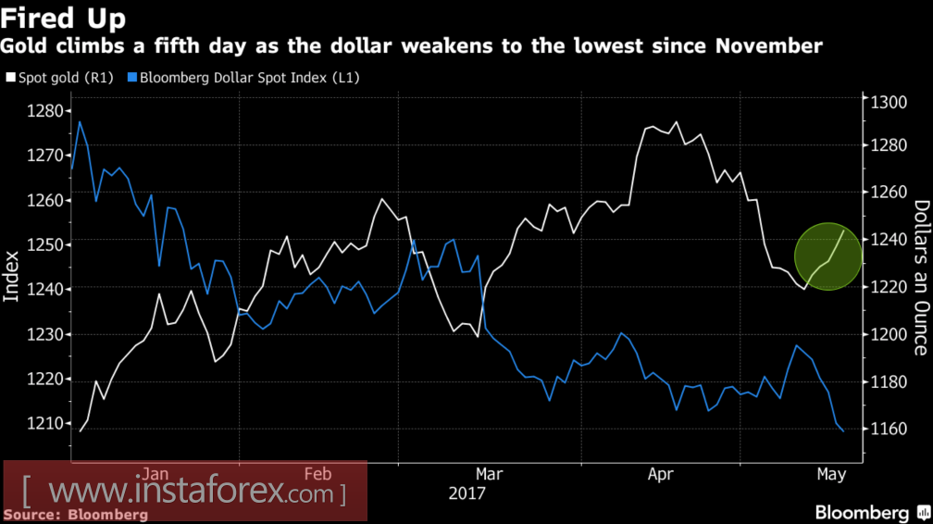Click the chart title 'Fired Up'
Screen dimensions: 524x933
pos(64,18)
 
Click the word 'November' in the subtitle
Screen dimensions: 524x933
pos(775,45)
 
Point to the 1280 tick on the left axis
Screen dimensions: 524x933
pos(43,112)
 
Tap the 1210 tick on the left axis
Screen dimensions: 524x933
pos(43,424)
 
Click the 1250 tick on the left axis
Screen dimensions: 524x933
pos(43,245)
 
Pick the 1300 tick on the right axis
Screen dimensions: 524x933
pos(886,103)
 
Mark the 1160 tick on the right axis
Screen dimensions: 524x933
pos(886,430)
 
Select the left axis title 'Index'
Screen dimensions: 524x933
pos(12,276)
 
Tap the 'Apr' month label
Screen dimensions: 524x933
pos(660,474)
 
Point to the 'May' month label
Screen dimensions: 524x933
pos(832,474)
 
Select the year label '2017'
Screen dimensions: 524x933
pos(467,493)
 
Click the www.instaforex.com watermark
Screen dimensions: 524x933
pos(185,489)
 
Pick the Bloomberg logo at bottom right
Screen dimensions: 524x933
pos(870,512)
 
